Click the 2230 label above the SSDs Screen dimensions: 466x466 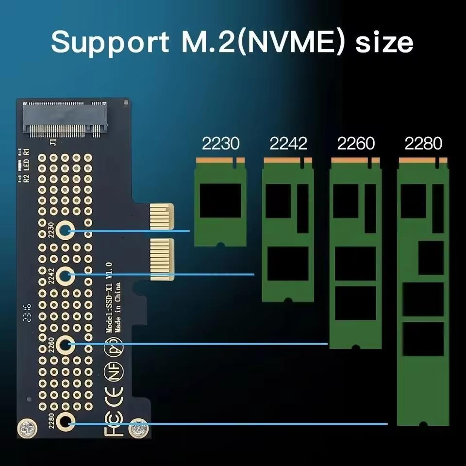click(220, 144)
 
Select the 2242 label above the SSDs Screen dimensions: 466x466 click(288, 144)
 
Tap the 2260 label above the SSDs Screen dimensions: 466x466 click(356, 144)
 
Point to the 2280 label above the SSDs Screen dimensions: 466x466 click(423, 144)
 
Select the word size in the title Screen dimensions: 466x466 click(384, 42)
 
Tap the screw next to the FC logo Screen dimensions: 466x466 click(138, 428)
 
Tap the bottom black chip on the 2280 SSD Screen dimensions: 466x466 click(423, 339)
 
